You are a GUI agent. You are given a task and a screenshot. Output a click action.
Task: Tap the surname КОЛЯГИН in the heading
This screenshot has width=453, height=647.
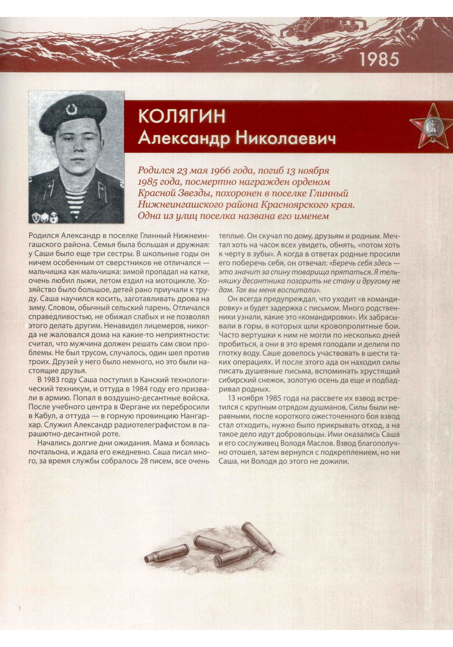pos(182,116)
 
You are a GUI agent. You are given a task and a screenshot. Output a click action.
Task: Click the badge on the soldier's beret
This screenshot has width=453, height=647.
pos(71,109)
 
